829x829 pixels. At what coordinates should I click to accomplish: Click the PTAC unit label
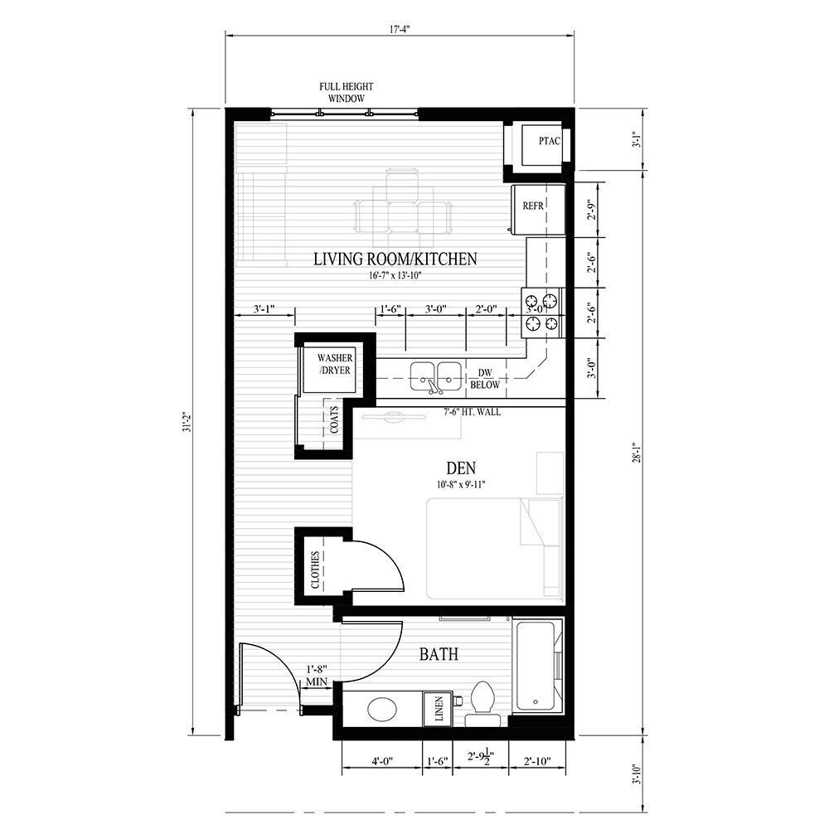pyautogui.click(x=549, y=141)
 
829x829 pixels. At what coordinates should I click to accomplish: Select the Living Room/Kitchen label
pyautogui.click(x=395, y=259)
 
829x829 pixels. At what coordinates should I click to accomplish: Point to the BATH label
pyautogui.click(x=439, y=655)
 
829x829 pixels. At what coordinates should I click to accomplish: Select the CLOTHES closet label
pyautogui.click(x=316, y=570)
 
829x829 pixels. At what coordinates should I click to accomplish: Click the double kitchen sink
pyautogui.click(x=436, y=376)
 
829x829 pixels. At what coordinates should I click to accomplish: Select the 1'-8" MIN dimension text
pyautogui.click(x=317, y=675)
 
